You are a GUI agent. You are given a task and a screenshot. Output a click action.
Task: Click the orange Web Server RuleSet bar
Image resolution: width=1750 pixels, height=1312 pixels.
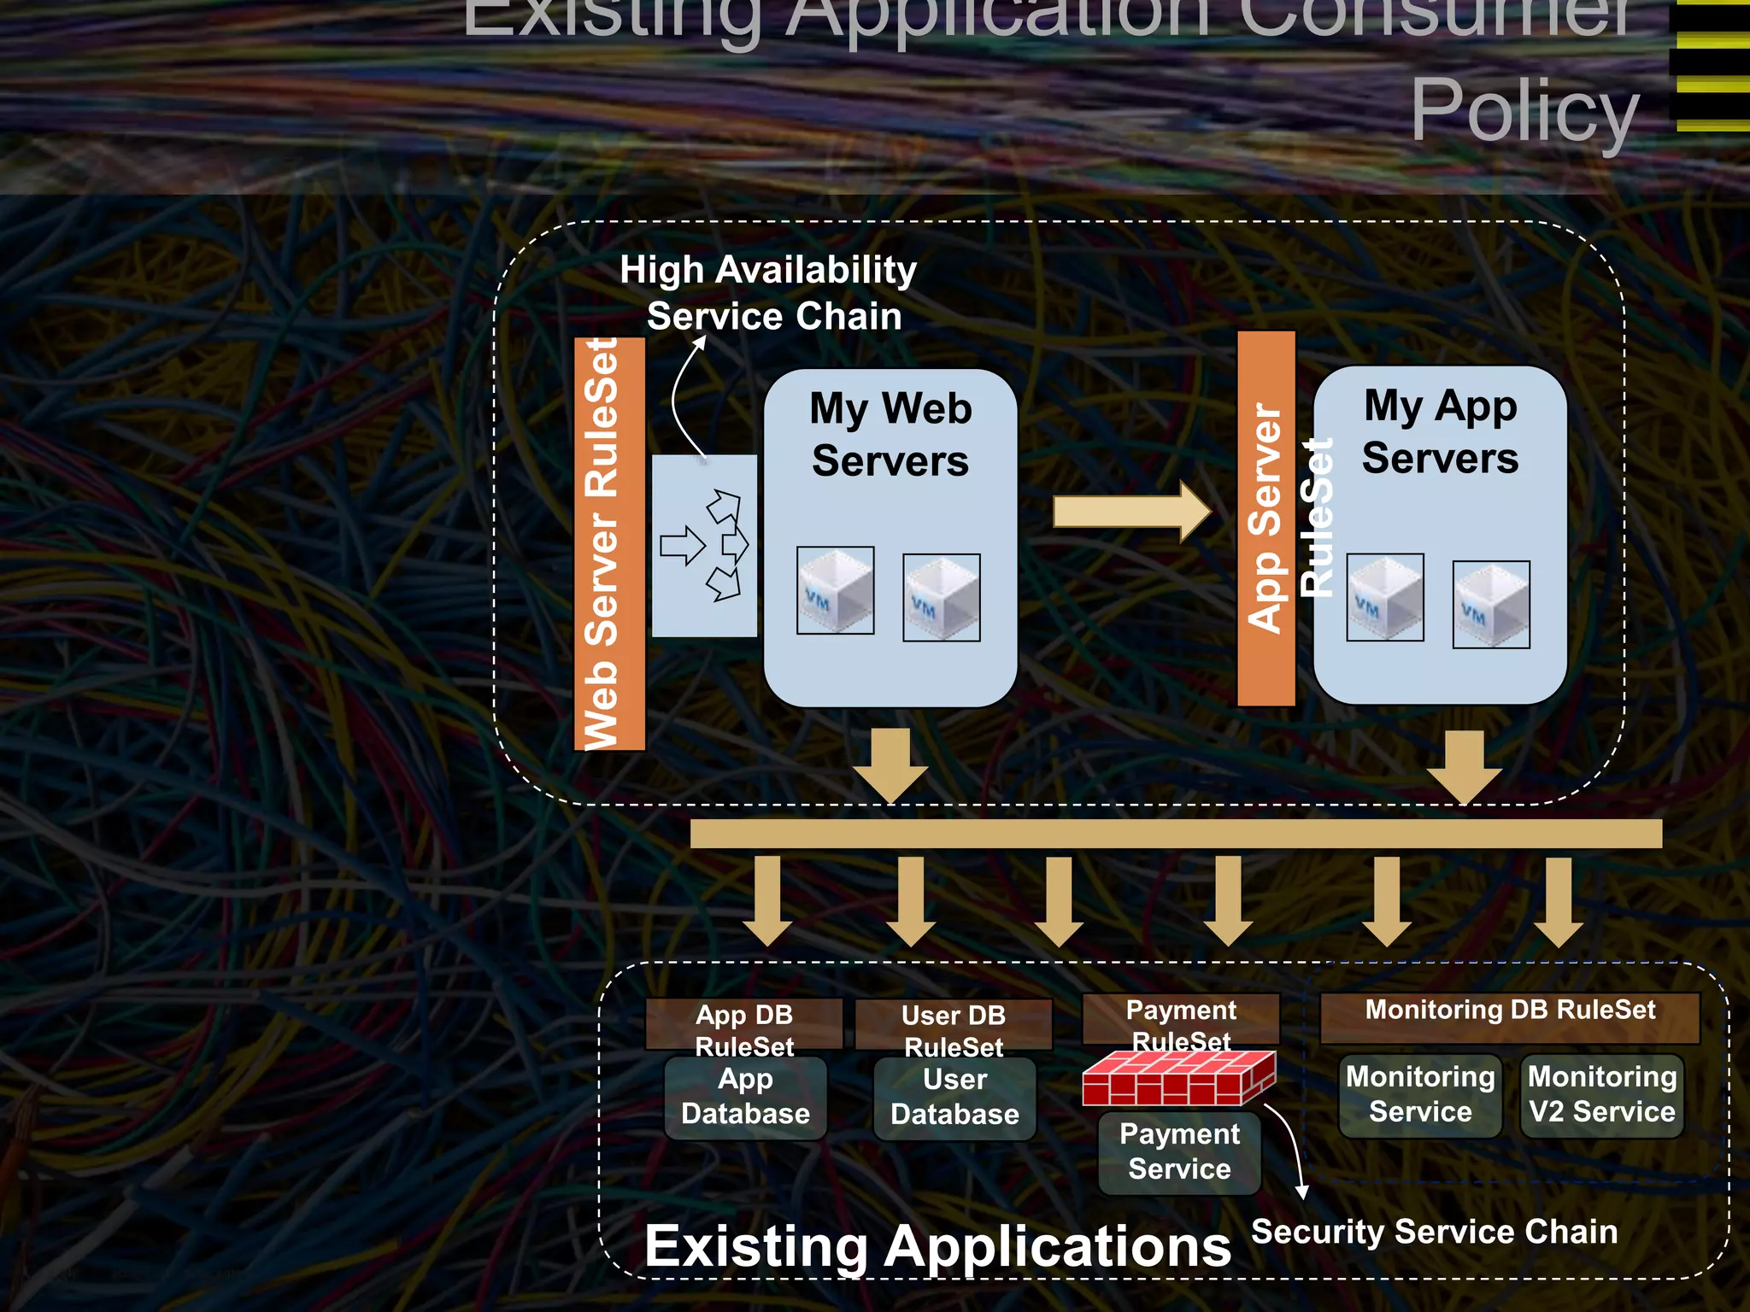point(609,544)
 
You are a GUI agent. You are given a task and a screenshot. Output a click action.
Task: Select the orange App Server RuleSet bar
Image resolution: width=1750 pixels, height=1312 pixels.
point(1266,518)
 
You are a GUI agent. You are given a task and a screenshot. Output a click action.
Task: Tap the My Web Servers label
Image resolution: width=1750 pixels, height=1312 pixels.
point(890,434)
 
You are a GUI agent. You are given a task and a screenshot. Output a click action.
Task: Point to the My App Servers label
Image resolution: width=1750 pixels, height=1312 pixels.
point(1441,431)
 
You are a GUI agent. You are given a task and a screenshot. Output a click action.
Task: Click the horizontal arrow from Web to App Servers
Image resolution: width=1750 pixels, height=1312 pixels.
point(1131,512)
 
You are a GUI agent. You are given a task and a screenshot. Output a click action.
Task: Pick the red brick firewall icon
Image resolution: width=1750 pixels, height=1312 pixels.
point(1178,1078)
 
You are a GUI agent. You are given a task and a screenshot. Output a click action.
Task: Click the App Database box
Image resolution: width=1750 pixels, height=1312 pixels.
point(745,1098)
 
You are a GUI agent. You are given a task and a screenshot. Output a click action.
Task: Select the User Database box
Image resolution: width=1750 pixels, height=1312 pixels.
point(954,1098)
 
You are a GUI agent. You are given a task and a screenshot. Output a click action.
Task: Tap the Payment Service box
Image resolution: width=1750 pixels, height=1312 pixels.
point(1179,1151)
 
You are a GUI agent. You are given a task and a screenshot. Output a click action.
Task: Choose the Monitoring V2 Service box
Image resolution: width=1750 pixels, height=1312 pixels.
point(1602,1095)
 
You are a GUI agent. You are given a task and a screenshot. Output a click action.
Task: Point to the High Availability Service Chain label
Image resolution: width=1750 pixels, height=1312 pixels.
point(769,292)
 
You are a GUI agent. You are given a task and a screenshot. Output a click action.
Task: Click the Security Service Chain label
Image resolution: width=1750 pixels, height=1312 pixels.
point(1434,1232)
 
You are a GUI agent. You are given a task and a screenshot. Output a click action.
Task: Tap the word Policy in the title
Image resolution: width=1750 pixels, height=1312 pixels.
point(1524,111)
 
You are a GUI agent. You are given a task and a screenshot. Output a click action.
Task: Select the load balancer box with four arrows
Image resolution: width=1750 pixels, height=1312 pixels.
point(704,545)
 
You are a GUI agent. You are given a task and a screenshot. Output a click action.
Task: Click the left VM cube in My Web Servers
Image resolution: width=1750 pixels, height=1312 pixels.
point(835,590)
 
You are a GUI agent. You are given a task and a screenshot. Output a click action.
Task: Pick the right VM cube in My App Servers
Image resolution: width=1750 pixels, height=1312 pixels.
point(1491,605)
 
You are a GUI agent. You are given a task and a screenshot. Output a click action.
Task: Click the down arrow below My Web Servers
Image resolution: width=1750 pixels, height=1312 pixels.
point(890,765)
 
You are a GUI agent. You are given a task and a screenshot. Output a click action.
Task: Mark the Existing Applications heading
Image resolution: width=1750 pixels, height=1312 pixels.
point(937,1246)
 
